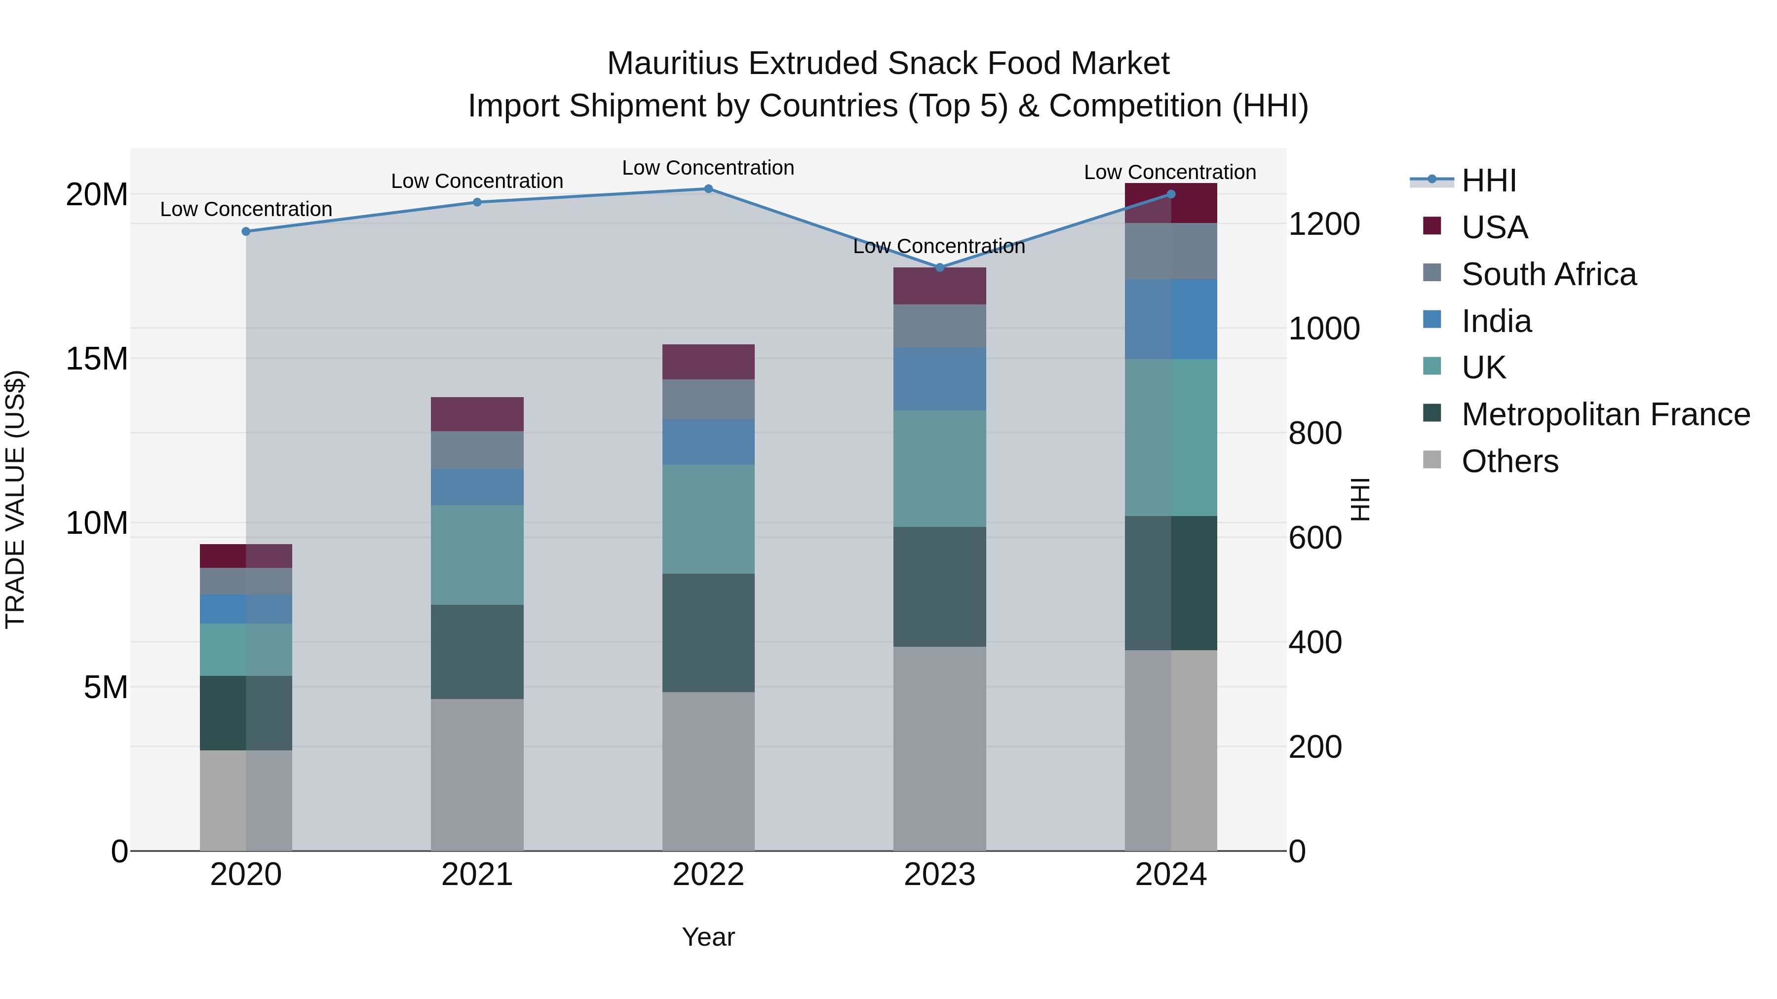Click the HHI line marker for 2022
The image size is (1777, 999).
point(708,188)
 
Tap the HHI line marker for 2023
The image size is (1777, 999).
point(939,267)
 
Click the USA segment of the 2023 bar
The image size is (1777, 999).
point(939,286)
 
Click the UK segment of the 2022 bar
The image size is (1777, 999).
point(708,519)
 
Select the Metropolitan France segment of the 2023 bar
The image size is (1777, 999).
point(939,587)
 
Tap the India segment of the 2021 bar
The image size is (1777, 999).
point(477,487)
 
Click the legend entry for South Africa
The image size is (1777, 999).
point(1548,274)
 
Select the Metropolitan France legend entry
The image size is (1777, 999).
point(1605,414)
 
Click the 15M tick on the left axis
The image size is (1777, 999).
point(97,359)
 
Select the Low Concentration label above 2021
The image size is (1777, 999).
point(477,182)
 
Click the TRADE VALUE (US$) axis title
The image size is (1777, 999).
point(15,499)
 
